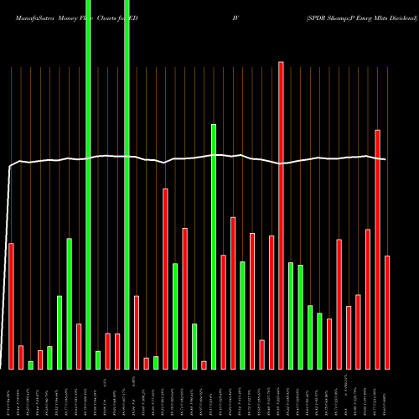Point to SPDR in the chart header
point(322,6)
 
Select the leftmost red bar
point(11,306)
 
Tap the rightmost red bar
point(387,312)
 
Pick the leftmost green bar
point(30,365)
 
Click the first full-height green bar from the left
point(88,184)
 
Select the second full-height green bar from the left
point(127,184)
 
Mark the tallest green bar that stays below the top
point(214,246)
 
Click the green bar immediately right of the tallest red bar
point(291,315)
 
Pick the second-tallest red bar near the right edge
point(377,249)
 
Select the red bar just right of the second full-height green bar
point(137,332)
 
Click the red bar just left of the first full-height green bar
point(79,346)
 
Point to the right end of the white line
point(385,159)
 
